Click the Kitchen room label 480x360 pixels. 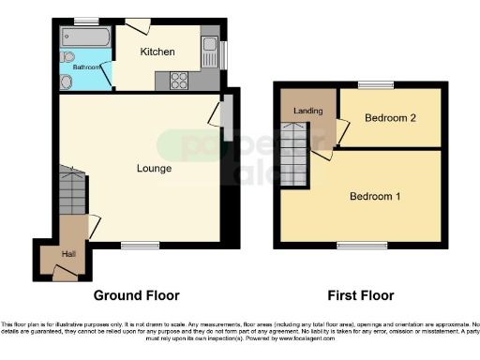point(157,52)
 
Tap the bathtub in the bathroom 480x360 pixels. point(85,37)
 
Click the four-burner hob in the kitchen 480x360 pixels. point(178,81)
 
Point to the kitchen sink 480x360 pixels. point(211,47)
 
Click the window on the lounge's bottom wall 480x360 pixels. point(140,245)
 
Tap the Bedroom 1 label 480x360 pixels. point(374,197)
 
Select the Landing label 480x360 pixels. point(308,112)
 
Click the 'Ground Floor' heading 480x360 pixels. point(136,294)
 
